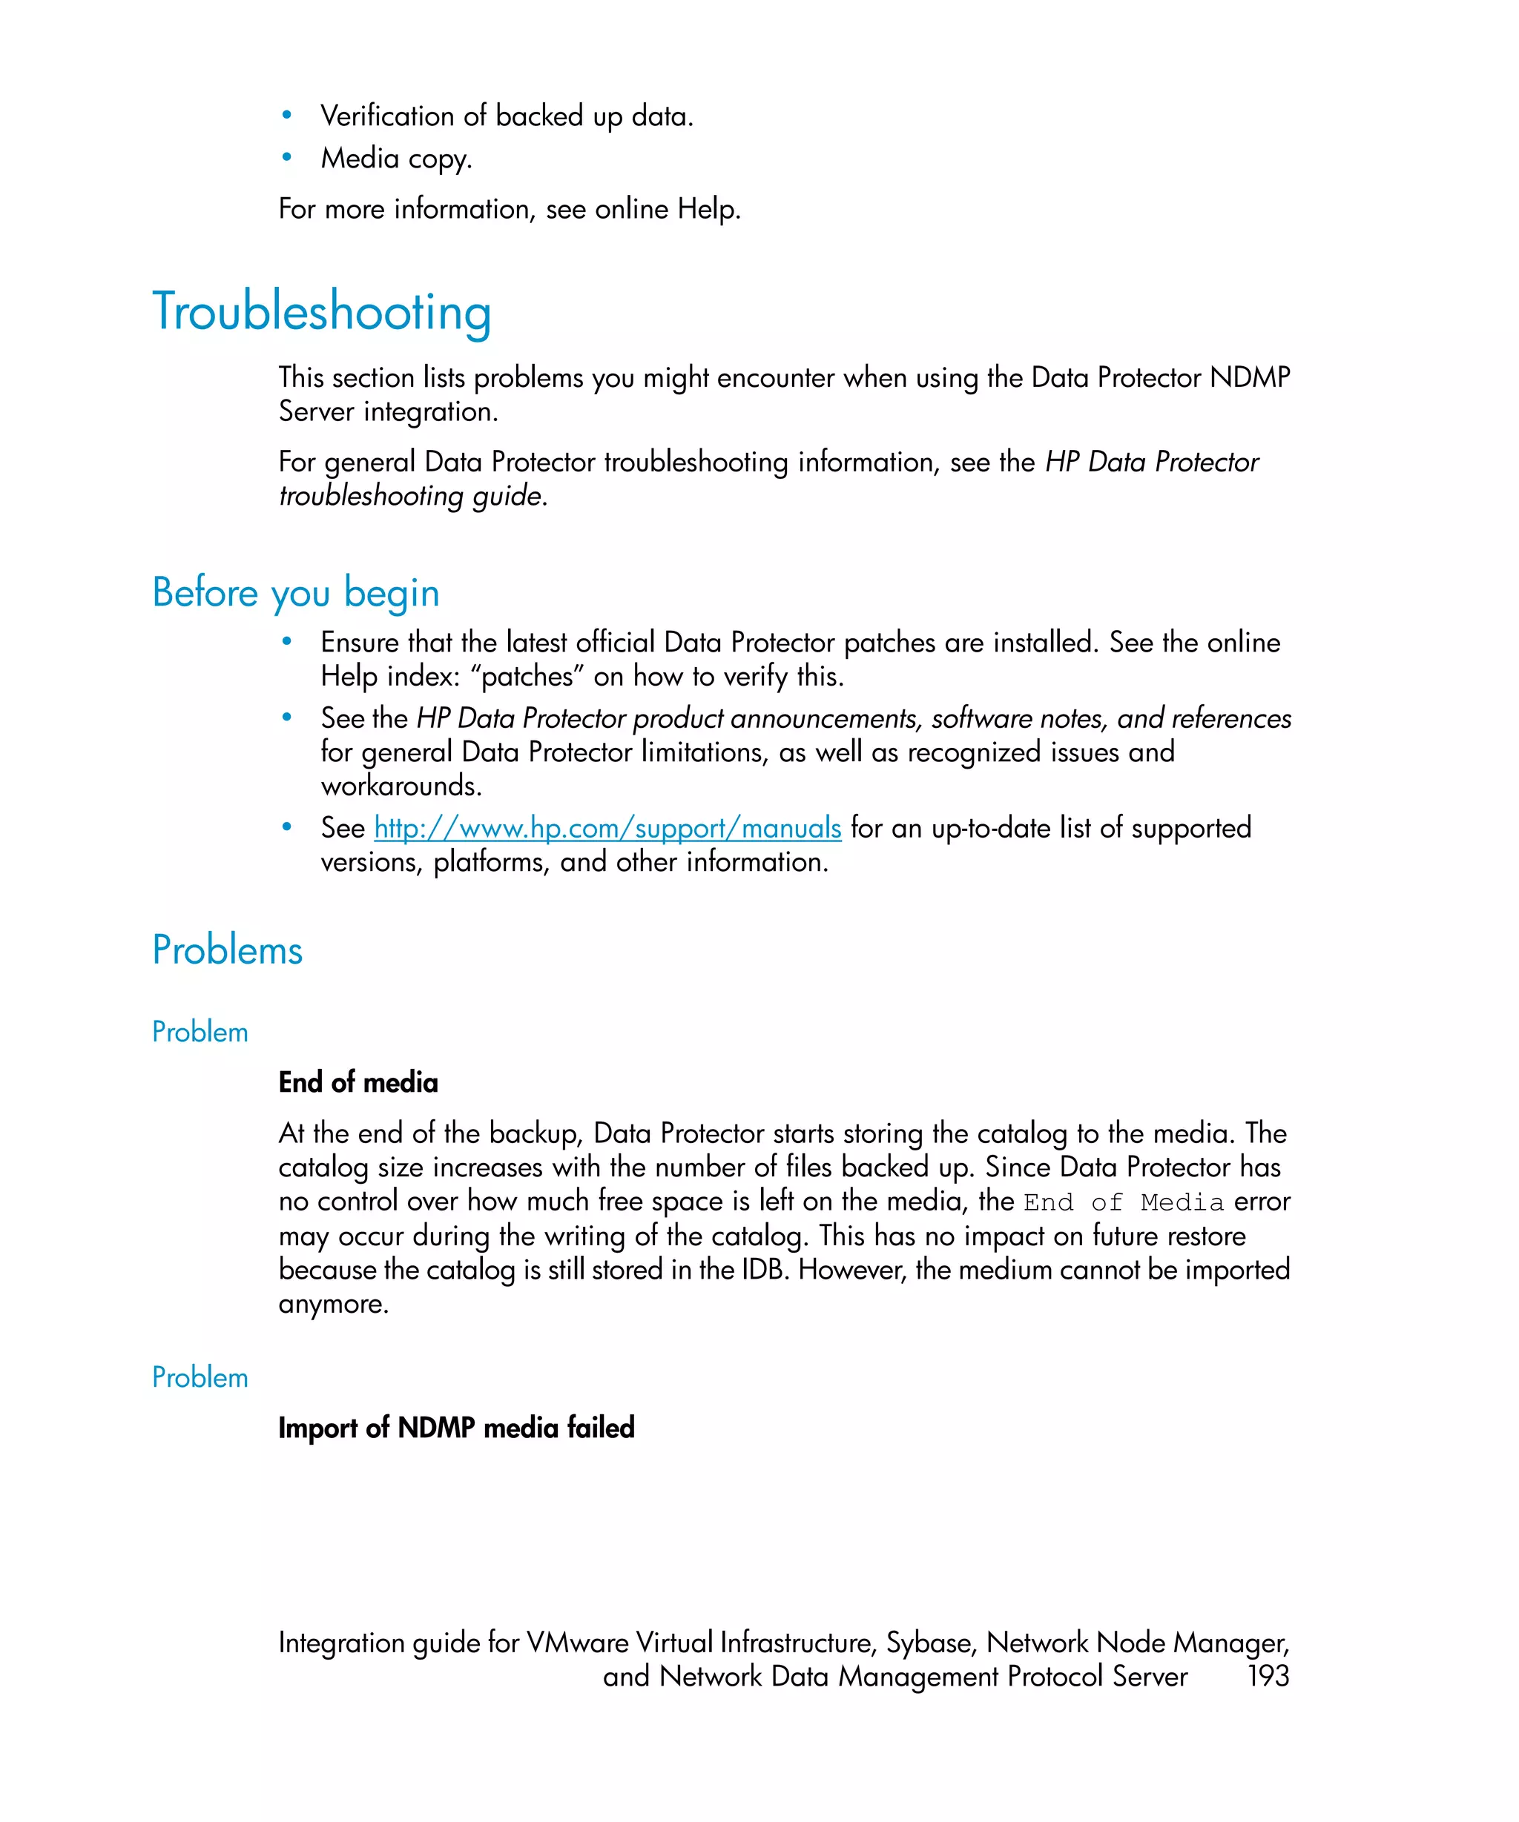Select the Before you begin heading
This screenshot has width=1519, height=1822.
coord(295,592)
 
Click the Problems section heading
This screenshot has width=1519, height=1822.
coord(228,950)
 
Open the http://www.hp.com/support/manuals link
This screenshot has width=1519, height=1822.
coord(607,828)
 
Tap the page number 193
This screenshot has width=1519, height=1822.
coord(1268,1675)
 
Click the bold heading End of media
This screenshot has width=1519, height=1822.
coord(357,1082)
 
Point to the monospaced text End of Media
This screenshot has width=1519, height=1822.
coord(1123,1202)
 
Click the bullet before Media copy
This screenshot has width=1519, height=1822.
coord(286,158)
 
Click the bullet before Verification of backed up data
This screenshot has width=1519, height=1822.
coord(286,116)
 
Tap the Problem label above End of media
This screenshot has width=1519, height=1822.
coord(200,1032)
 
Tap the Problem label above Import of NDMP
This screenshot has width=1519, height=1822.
coord(200,1377)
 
